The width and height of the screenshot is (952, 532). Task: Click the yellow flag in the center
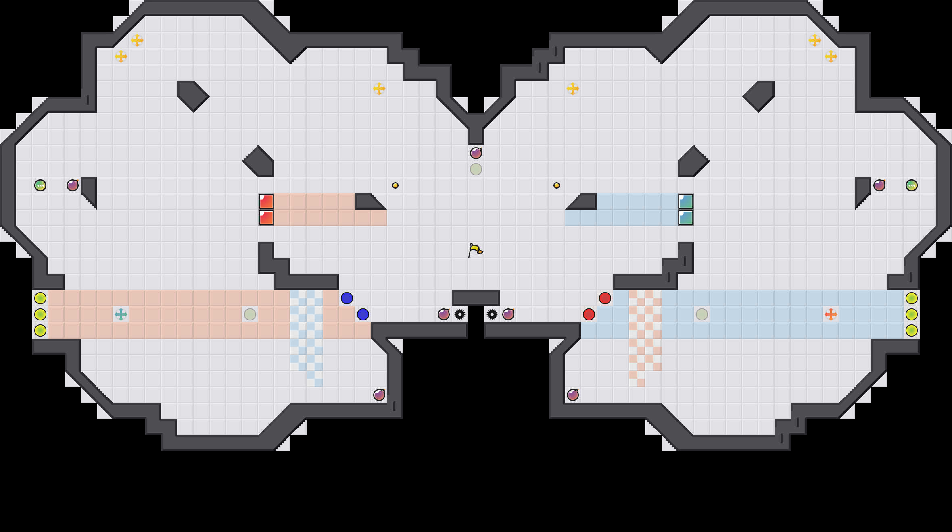475,250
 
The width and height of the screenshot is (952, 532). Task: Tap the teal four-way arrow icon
121,314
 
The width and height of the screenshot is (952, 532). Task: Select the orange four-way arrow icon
831,314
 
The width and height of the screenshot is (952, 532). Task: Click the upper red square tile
266,202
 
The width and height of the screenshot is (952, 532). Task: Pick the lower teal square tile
686,218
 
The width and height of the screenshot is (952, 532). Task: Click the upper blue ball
347,298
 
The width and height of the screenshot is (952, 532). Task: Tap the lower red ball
589,314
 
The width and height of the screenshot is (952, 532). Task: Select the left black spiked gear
460,314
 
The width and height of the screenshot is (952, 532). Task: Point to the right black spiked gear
492,314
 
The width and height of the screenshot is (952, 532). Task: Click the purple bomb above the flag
476,153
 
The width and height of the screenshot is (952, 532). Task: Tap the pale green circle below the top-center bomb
476,169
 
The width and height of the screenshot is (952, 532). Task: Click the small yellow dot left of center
395,185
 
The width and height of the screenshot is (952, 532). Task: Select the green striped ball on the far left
40,185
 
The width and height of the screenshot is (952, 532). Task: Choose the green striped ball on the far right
912,185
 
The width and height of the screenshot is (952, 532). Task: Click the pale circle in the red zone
250,314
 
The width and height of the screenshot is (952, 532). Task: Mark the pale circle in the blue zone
702,314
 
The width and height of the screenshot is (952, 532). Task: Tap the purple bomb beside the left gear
444,314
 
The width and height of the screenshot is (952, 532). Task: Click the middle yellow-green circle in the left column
40,314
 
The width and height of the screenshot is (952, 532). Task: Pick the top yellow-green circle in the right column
912,298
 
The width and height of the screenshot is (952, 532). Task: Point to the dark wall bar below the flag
476,298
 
